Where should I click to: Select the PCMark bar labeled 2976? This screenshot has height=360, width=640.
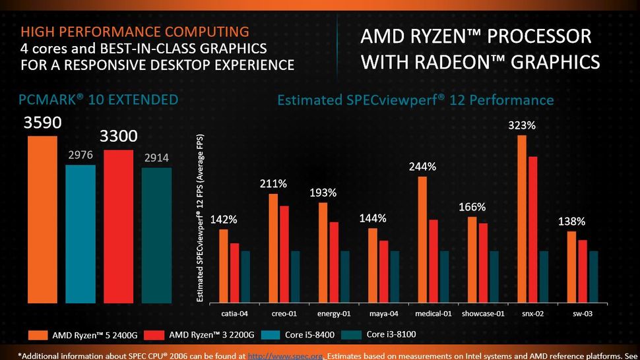(x=80, y=233)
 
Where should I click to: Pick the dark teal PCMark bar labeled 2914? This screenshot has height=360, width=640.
(x=157, y=235)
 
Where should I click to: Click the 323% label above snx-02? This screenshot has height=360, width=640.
(x=522, y=125)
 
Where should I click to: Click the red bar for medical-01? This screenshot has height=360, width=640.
(x=433, y=261)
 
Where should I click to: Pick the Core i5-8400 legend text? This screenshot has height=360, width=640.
(x=310, y=335)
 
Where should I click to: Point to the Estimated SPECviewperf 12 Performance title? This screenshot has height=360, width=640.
(x=415, y=100)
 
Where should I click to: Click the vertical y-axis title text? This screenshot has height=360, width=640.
(x=200, y=218)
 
